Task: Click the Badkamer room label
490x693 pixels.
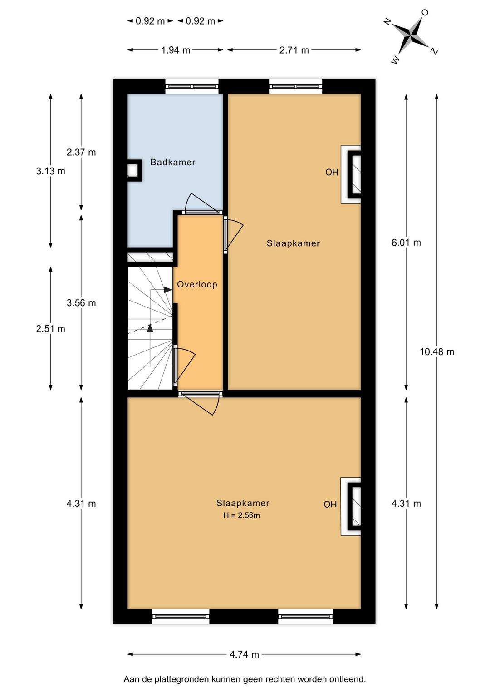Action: pos(173,162)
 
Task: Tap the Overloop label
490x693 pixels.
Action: pos(197,284)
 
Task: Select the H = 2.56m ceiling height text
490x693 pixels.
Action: pos(241,515)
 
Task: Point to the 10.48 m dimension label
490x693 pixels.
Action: pos(436,351)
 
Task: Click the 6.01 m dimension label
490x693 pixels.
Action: pos(406,243)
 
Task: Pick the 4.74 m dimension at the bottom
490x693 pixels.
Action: pos(244,654)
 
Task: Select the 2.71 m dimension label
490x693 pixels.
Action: pos(294,50)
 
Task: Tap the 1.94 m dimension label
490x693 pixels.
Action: pos(176,50)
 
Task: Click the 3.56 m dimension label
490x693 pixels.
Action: pos(81,303)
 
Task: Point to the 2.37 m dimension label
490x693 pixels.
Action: pos(81,152)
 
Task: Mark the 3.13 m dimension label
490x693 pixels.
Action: pos(50,171)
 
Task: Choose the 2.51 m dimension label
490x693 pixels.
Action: pos(50,329)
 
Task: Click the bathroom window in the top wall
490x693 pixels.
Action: pos(191,86)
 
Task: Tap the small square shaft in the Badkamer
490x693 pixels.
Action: pos(132,170)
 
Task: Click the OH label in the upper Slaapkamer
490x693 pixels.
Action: pos(332,172)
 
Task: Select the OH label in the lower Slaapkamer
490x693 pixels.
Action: pos(330,504)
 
